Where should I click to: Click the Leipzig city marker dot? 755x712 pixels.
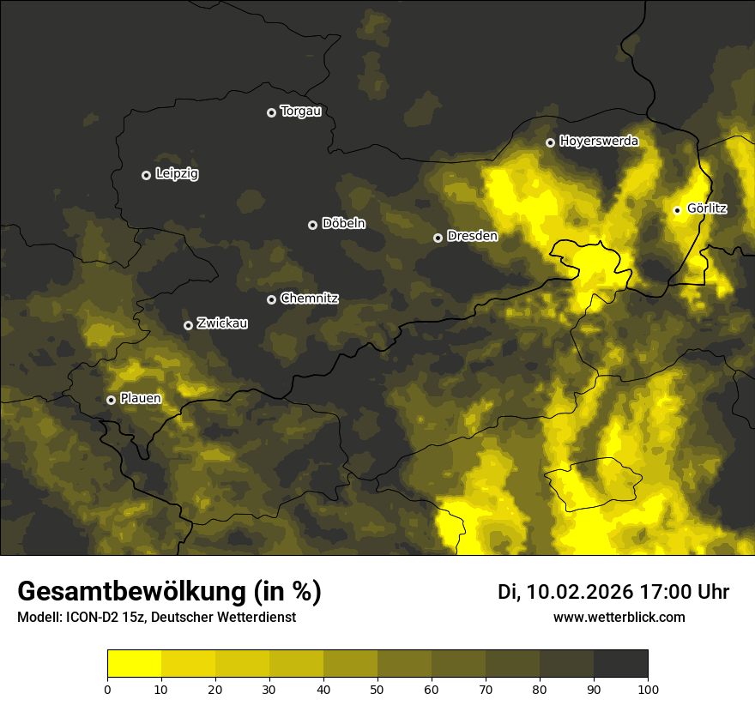pyautogui.click(x=146, y=175)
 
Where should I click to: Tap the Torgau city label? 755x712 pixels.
pyautogui.click(x=300, y=112)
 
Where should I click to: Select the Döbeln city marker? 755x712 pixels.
pyautogui.click(x=312, y=225)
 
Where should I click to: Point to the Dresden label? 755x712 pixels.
pyautogui.click(x=472, y=236)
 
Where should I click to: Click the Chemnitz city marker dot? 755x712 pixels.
pyautogui.click(x=272, y=299)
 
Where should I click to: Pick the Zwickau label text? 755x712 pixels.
pyautogui.click(x=222, y=323)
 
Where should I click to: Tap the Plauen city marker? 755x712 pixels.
pyautogui.click(x=111, y=400)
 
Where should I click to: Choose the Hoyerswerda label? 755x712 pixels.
pyautogui.click(x=599, y=142)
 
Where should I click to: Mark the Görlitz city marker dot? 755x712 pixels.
pyautogui.click(x=677, y=210)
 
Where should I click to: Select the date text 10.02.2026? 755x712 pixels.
pyautogui.click(x=579, y=592)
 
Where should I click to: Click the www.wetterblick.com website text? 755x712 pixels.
pyautogui.click(x=619, y=618)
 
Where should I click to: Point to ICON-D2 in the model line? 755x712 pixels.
pyautogui.click(x=90, y=618)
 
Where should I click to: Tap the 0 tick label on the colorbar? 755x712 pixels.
pyautogui.click(x=107, y=689)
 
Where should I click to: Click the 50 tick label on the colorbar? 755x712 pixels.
pyautogui.click(x=377, y=689)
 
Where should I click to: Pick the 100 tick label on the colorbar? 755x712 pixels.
pyautogui.click(x=648, y=689)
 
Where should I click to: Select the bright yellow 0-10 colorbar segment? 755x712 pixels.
pyautogui.click(x=134, y=664)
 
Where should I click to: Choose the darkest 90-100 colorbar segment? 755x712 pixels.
pyautogui.click(x=620, y=664)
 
